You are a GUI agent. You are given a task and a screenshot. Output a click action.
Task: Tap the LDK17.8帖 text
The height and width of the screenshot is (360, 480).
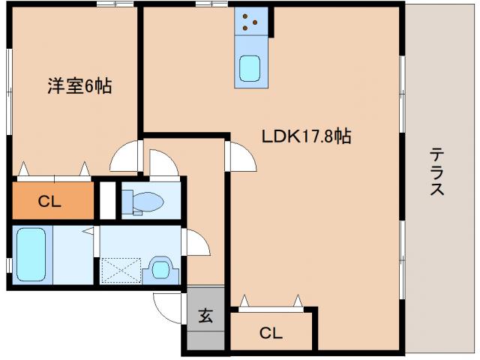pos(307,136)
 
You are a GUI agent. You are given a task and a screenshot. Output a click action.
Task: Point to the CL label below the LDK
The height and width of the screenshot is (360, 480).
pos(271,333)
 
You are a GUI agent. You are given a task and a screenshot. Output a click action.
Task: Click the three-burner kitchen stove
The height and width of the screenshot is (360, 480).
pos(252,23)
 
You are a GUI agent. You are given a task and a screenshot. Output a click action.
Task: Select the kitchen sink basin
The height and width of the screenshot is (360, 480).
pos(250,69)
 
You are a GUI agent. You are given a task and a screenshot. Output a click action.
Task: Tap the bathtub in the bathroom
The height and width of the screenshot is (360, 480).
pos(31,253)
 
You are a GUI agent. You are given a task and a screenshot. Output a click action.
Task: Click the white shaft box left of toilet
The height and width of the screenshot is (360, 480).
pos(108,200)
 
